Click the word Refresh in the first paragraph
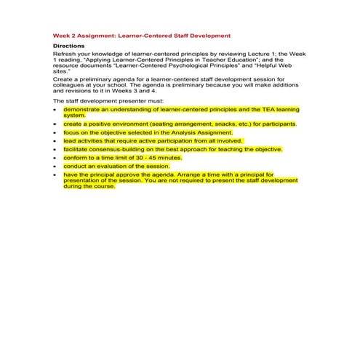click(x=65, y=54)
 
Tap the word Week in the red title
click(x=63, y=35)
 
